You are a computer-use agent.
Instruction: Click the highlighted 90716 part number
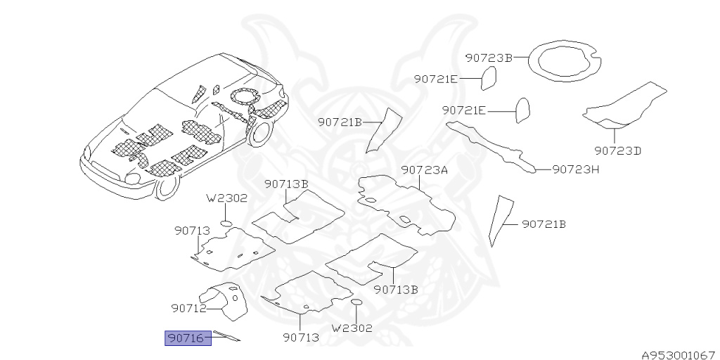[x=188, y=339]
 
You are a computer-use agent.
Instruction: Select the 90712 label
[x=188, y=308]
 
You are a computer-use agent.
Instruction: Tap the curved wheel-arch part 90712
[x=226, y=300]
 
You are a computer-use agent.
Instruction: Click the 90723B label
[x=489, y=58]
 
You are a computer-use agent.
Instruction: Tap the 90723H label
[x=575, y=169]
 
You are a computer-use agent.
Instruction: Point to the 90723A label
[x=425, y=170]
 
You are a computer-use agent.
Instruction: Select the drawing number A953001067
[x=678, y=354]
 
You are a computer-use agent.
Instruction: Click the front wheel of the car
[x=167, y=187]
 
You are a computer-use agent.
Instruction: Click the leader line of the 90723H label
[x=544, y=169]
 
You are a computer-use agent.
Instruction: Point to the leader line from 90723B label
[x=521, y=58]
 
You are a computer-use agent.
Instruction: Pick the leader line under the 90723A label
[x=420, y=183]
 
